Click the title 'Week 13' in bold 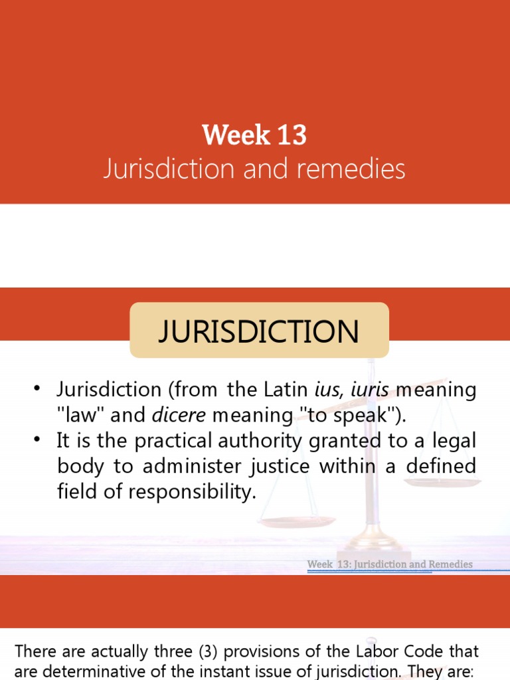(x=254, y=135)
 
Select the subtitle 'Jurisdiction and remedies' (x=254, y=169)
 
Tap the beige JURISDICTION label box (x=258, y=331)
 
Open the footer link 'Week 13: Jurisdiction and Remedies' (x=390, y=564)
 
